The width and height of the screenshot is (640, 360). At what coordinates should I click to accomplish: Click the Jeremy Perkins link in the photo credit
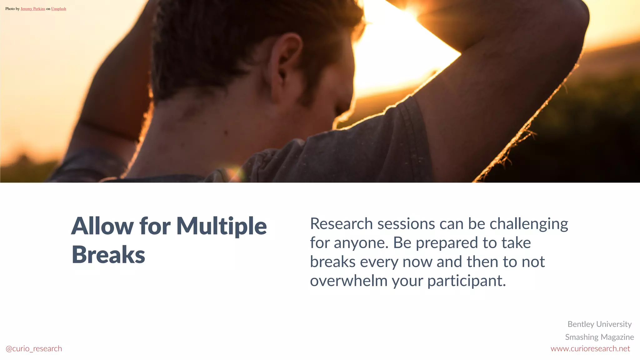click(x=33, y=9)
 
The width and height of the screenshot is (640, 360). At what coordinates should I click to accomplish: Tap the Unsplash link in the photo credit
click(x=58, y=9)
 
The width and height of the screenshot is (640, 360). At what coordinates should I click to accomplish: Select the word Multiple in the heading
click(x=221, y=226)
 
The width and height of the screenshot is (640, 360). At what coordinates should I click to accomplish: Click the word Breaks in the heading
click(x=108, y=255)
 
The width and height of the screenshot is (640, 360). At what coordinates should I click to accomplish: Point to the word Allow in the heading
click(x=102, y=226)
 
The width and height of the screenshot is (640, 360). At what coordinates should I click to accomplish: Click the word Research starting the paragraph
click(x=341, y=224)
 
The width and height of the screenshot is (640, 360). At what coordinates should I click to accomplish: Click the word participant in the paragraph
click(x=466, y=281)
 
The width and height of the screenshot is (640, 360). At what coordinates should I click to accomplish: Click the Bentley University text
click(x=599, y=324)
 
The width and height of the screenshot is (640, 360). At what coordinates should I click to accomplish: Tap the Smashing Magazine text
click(x=599, y=337)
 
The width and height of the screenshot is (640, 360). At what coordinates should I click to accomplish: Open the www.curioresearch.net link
click(x=590, y=349)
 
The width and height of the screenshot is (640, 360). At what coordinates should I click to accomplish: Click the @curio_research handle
click(x=34, y=349)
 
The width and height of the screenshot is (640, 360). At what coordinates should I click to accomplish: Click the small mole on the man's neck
click(x=226, y=133)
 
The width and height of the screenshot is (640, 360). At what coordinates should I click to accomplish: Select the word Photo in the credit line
click(x=10, y=9)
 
